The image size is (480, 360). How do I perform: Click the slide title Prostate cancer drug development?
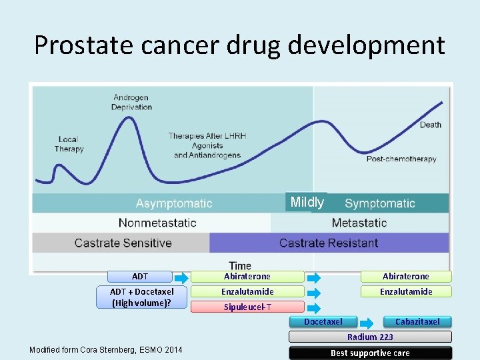click(x=239, y=45)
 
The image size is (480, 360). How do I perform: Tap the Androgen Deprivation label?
click(x=131, y=103)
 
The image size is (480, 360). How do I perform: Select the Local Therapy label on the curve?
click(x=69, y=144)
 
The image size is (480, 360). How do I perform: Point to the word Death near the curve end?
click(x=430, y=125)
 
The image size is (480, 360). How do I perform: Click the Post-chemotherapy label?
click(x=401, y=159)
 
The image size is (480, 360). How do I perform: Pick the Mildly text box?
click(x=307, y=202)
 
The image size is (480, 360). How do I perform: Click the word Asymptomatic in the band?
click(x=174, y=203)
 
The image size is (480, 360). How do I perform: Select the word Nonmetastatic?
click(x=157, y=223)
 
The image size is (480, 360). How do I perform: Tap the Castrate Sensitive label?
click(x=123, y=243)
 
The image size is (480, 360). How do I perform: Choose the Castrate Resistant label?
click(x=329, y=243)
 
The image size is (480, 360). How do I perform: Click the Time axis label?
click(x=240, y=265)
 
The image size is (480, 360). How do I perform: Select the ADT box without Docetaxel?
click(x=141, y=276)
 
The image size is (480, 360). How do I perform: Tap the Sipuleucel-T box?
click(x=247, y=307)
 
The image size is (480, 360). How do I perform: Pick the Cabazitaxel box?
click(x=417, y=322)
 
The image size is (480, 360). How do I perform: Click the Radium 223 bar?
click(x=370, y=337)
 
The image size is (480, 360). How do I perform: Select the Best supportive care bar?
click(x=370, y=353)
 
